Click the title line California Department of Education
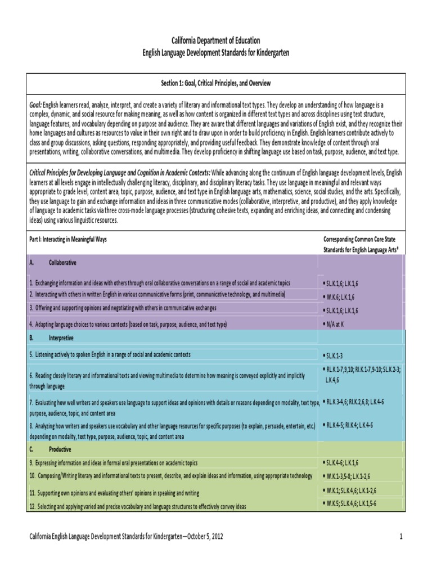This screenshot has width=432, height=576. point(216,41)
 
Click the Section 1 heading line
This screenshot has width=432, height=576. point(216,83)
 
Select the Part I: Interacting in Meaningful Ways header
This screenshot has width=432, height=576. point(67,239)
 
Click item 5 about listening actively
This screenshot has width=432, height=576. point(110,355)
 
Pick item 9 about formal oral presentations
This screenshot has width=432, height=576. point(113,463)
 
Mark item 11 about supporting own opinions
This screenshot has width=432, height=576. point(114,493)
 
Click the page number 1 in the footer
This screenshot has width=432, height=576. point(402,537)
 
